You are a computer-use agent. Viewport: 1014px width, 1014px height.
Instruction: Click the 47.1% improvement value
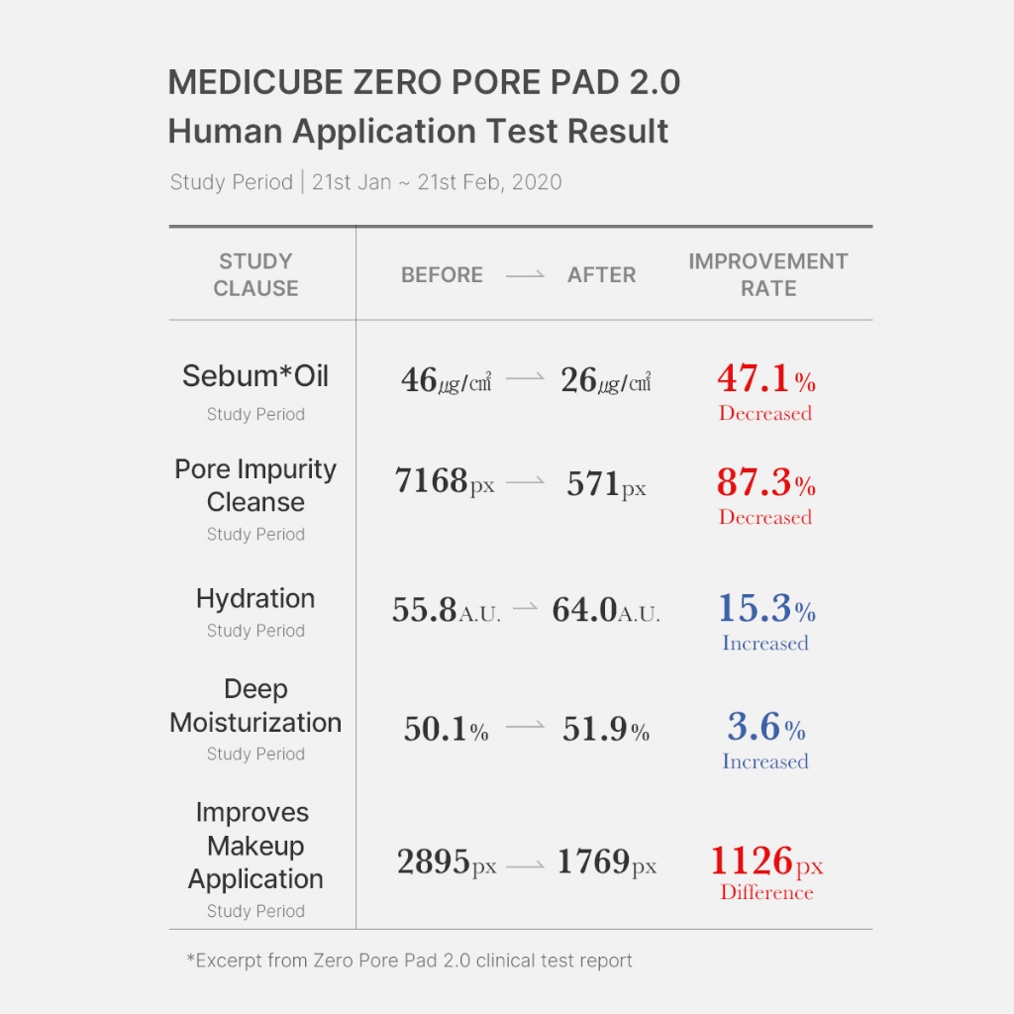click(765, 379)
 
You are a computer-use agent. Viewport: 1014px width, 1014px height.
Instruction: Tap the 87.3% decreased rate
click(765, 483)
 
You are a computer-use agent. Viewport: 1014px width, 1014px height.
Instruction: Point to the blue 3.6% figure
click(765, 728)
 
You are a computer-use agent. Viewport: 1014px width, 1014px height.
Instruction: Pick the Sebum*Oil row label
click(255, 376)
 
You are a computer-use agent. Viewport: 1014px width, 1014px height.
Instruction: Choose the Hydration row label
click(255, 599)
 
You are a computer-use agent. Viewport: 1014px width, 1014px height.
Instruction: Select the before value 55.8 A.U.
click(446, 611)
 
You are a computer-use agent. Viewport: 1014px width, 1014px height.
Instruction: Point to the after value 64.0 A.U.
click(605, 611)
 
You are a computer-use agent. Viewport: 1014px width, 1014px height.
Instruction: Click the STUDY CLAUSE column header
click(255, 274)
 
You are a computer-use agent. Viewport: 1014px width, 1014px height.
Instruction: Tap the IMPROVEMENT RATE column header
click(768, 274)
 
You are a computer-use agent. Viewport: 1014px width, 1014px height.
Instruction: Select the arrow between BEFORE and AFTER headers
click(525, 276)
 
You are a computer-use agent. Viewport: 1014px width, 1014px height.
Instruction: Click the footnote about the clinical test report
click(409, 960)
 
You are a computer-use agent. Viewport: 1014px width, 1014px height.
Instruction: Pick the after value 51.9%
click(605, 731)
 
